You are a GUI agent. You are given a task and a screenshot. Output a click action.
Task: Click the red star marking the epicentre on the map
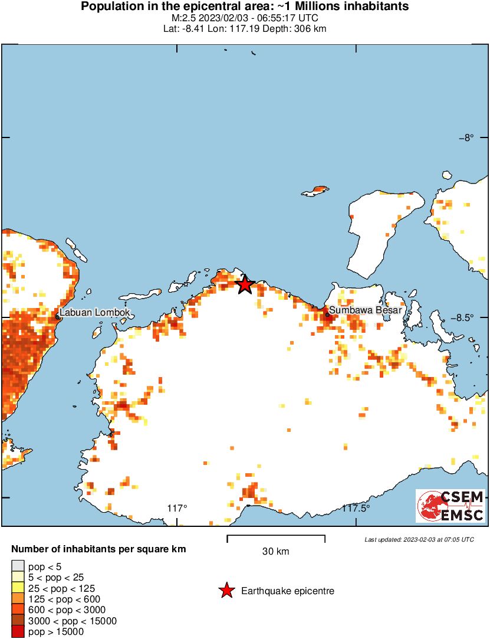pyautogui.click(x=245, y=285)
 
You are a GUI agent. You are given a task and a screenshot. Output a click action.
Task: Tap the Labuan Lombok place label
pyautogui.click(x=94, y=313)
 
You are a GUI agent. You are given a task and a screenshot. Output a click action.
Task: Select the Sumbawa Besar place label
pyautogui.click(x=365, y=310)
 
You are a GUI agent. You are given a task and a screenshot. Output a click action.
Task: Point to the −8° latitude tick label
pyautogui.click(x=466, y=138)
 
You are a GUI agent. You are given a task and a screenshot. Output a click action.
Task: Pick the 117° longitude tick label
pyautogui.click(x=177, y=508)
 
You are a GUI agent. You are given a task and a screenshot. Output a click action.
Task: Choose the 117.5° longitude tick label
pyautogui.click(x=357, y=508)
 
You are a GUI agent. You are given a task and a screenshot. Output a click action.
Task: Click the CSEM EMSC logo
pyautogui.click(x=450, y=506)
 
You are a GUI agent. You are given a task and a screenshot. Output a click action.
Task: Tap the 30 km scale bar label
pyautogui.click(x=275, y=552)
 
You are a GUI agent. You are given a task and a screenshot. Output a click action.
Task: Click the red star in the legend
pyautogui.click(x=226, y=591)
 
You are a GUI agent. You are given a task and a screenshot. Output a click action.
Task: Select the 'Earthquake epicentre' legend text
pyautogui.click(x=288, y=591)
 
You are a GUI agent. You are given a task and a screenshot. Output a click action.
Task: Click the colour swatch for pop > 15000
pyautogui.click(x=18, y=631)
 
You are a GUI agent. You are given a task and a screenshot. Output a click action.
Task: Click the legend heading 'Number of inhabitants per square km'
pyautogui.click(x=98, y=549)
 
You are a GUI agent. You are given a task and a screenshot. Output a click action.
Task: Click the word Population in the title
pyautogui.click(x=108, y=7)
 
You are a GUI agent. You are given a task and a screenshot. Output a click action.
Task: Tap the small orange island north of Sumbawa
pyautogui.click(x=315, y=191)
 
